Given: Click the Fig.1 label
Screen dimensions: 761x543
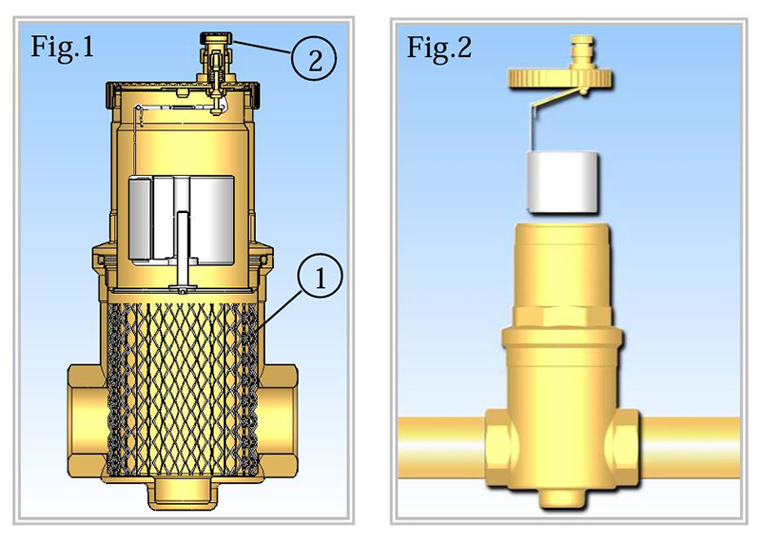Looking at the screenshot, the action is (x=62, y=47).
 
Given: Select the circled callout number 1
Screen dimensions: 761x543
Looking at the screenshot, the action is (x=320, y=277).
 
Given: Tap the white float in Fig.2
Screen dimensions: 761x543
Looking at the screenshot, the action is (x=563, y=183).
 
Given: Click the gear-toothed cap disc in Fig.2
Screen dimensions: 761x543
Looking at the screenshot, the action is (x=560, y=78).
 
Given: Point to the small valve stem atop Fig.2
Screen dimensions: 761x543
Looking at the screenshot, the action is (x=581, y=51).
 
